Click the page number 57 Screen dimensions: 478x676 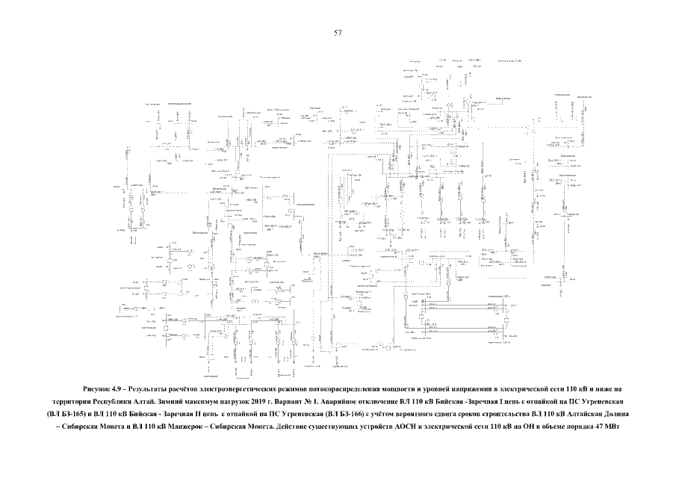click(x=338, y=33)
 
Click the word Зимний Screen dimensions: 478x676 click(x=169, y=401)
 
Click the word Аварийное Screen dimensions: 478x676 click(x=341, y=401)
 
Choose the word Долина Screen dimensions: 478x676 click(x=615, y=413)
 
